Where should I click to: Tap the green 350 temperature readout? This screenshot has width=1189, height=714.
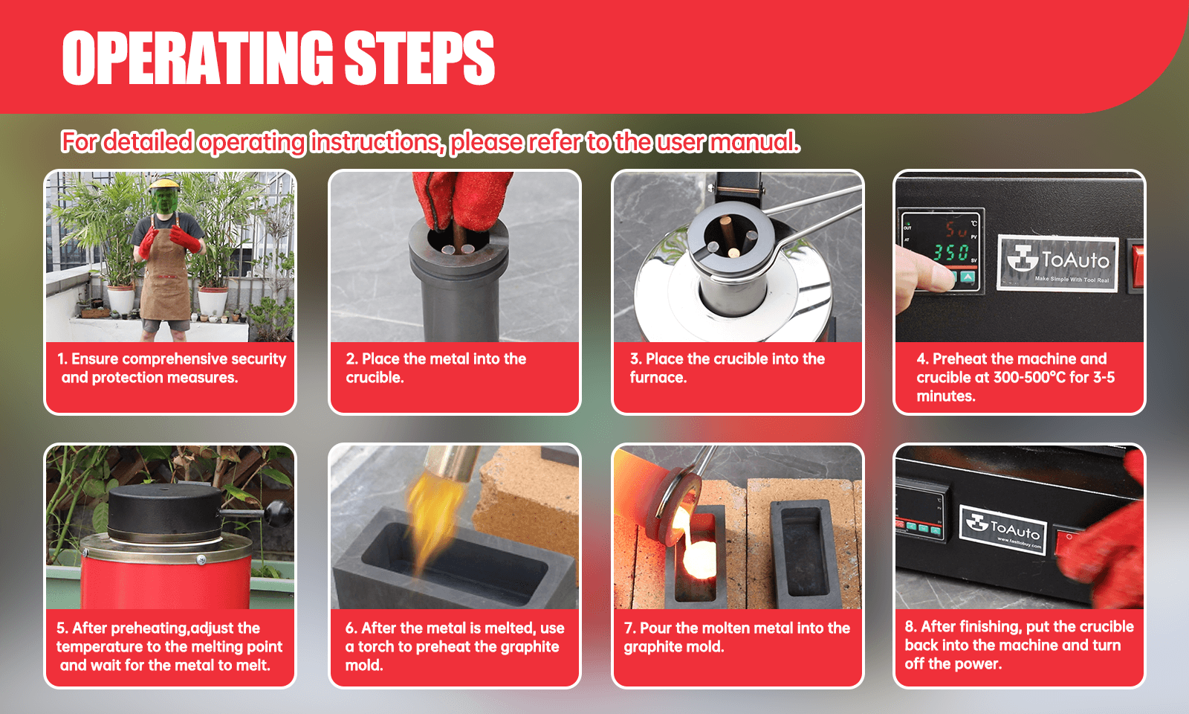[950, 252]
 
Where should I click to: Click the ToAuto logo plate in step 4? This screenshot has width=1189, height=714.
[1057, 263]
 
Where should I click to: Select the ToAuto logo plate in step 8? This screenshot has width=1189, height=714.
[1003, 530]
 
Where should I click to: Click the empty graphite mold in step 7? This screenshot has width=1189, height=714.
[802, 553]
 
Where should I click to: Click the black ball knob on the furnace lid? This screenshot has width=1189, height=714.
[279, 514]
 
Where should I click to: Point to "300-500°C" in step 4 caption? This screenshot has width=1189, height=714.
[1029, 377]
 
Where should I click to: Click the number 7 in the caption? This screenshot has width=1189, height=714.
[629, 628]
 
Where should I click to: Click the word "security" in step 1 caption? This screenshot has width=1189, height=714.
[259, 359]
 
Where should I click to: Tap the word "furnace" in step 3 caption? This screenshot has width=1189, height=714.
[658, 377]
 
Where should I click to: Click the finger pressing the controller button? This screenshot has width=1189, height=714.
[921, 274]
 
